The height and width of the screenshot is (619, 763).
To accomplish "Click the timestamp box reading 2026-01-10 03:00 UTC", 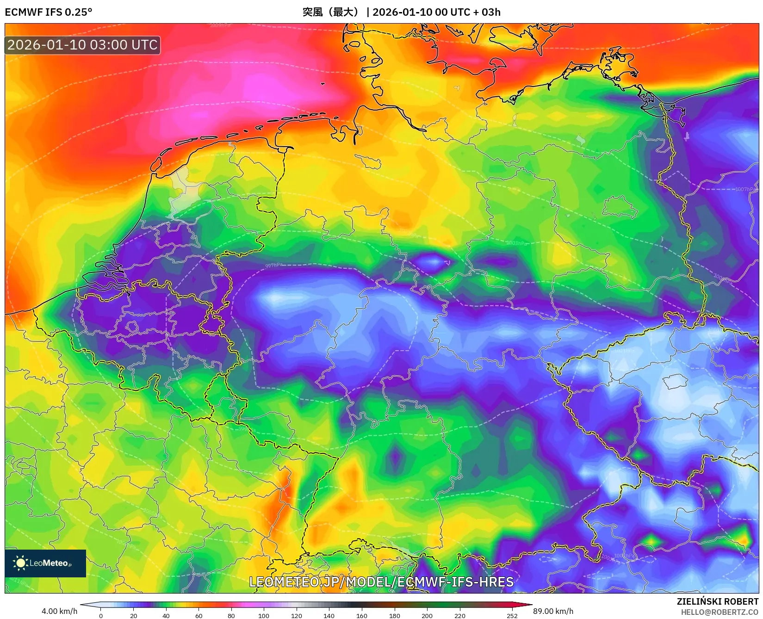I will (x=82, y=45).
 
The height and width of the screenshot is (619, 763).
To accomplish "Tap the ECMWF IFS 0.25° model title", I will (x=49, y=12).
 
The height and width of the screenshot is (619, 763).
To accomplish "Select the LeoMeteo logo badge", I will (x=45, y=563).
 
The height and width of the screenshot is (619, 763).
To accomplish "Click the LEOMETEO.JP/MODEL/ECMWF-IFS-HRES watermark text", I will (x=381, y=582).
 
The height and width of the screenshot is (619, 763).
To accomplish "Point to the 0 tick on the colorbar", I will (x=101, y=615).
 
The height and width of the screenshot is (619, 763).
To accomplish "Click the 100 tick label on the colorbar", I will (x=264, y=615).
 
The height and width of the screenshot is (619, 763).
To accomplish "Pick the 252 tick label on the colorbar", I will (x=512, y=615).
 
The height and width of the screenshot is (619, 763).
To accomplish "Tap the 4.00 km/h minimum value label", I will (x=59, y=611).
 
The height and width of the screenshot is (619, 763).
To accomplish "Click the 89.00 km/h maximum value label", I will (x=553, y=611).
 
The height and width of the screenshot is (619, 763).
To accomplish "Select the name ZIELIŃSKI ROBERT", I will (x=718, y=601).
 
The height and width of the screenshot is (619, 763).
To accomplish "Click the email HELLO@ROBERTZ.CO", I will (x=720, y=612).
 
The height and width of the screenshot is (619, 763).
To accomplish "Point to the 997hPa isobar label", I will (x=273, y=266).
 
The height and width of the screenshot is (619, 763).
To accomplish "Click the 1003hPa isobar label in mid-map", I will (x=516, y=243).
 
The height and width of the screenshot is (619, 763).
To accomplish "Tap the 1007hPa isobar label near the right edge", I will (x=745, y=189).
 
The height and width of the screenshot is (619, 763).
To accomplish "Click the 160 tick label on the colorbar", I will (x=362, y=615).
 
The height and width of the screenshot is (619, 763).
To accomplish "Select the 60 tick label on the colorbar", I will (x=199, y=615).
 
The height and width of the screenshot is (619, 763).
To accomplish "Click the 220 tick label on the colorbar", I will (x=459, y=615).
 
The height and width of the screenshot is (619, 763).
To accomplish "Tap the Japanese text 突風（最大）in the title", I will (x=331, y=12).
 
